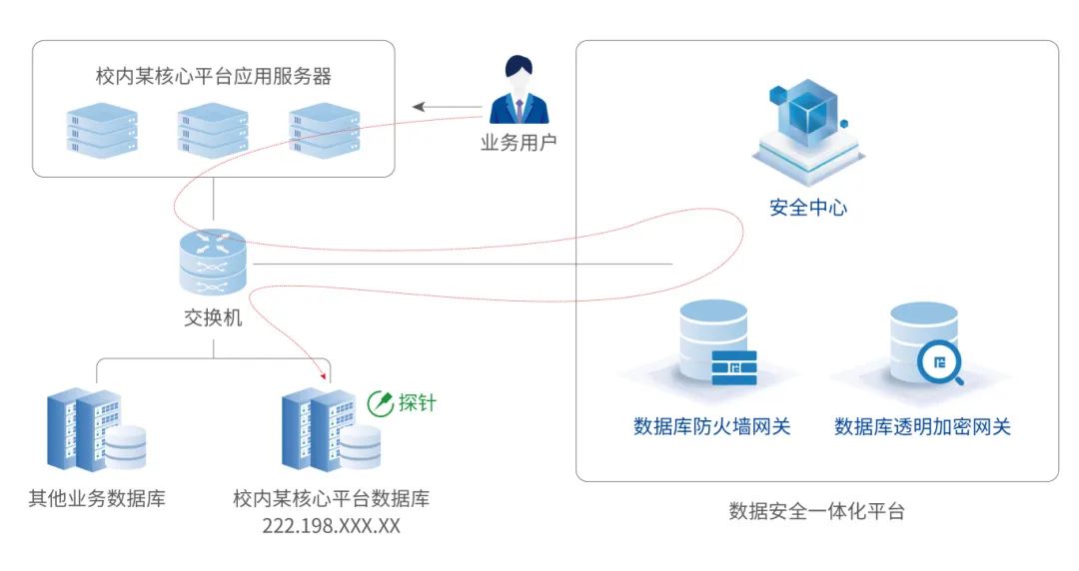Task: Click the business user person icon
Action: point(519,92)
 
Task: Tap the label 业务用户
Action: point(519,143)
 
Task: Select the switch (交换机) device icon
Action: point(213,262)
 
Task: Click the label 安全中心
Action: point(808,208)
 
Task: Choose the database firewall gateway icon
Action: point(715,345)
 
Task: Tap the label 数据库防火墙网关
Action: point(712,427)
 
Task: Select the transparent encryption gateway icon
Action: point(925,345)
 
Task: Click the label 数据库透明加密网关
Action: point(922,427)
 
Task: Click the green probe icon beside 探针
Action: point(381,402)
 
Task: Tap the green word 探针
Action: point(418,403)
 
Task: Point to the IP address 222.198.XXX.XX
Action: point(331,526)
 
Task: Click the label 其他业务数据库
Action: point(97,498)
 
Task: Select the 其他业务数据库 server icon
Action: point(96,429)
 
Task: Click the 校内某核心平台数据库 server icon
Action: point(331,429)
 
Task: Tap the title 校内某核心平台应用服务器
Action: point(213,76)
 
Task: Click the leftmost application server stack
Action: point(102,128)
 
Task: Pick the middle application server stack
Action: point(213,128)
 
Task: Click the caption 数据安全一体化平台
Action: point(816,512)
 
